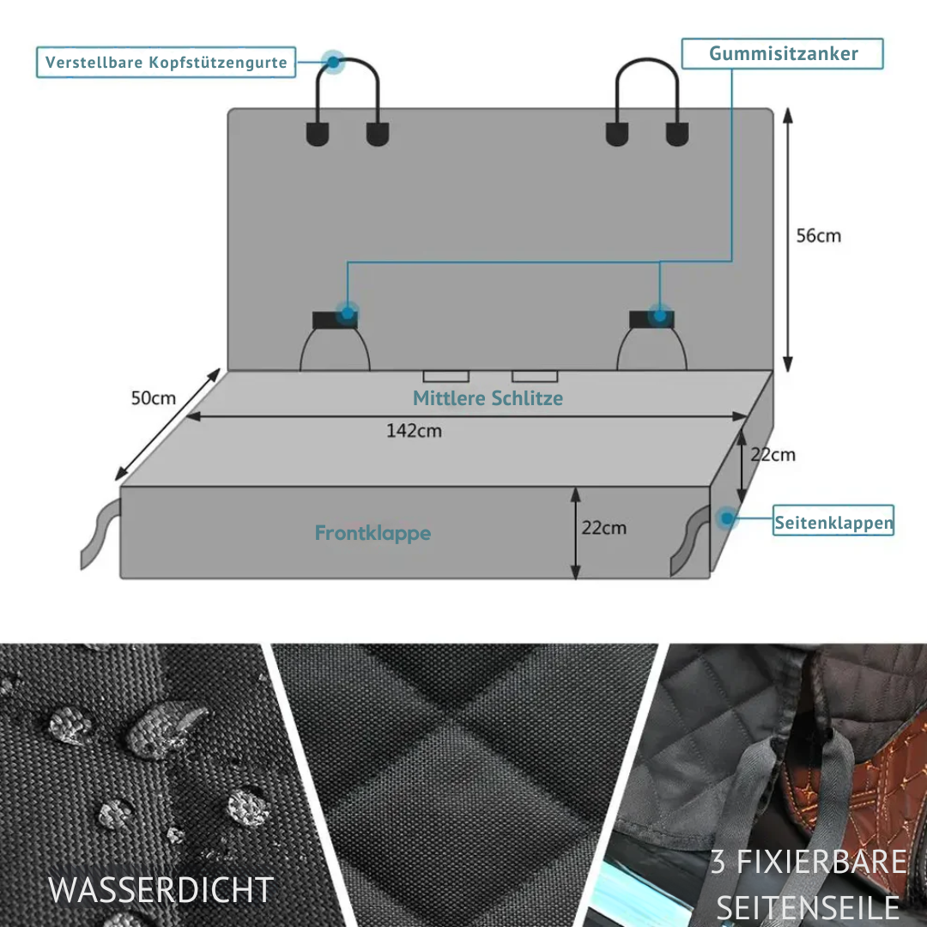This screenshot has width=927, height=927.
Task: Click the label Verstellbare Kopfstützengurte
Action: click(166, 63)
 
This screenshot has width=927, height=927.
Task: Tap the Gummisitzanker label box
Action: click(783, 54)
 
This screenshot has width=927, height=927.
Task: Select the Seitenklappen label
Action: click(833, 522)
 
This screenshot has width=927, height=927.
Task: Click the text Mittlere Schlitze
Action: click(488, 398)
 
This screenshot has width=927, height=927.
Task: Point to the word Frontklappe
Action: click(373, 533)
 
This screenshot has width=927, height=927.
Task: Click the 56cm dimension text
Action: click(818, 235)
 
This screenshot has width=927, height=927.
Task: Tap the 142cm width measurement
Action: click(414, 430)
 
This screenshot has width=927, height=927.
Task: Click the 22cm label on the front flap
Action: click(603, 528)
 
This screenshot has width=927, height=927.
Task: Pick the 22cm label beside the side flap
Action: click(772, 455)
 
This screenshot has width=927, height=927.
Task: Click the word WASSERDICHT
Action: click(161, 890)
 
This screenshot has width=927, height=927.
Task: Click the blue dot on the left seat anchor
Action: click(346, 313)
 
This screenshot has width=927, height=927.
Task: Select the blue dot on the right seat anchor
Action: click(659, 315)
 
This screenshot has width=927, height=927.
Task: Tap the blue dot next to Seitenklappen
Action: click(727, 518)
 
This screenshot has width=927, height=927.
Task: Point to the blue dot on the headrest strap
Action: click(333, 61)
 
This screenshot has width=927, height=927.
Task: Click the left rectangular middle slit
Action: click(445, 376)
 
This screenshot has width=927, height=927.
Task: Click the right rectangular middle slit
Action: click(535, 376)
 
